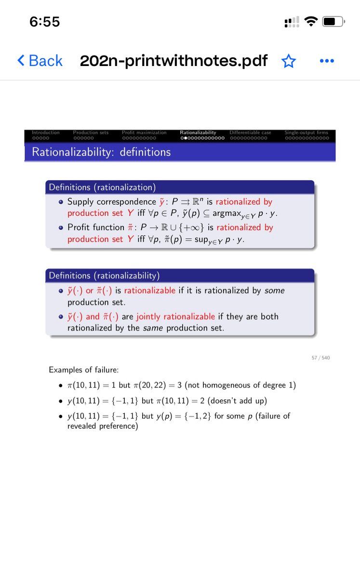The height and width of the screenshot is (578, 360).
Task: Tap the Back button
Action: coord(40,61)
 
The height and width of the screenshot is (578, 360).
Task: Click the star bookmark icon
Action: coord(289,61)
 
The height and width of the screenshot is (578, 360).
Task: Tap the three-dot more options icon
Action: coord(327,61)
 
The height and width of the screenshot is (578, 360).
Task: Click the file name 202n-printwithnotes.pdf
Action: coord(173,61)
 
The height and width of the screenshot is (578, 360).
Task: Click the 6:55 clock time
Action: coord(44,22)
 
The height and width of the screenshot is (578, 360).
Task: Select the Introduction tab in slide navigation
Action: coord(45,132)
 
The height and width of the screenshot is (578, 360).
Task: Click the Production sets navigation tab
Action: coord(91,132)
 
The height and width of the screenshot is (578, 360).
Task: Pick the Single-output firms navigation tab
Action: coord(306,132)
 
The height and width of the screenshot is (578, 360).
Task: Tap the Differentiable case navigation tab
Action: coord(250,132)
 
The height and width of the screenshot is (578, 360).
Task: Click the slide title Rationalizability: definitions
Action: coord(101,152)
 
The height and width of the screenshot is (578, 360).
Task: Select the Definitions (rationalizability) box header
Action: coord(104,276)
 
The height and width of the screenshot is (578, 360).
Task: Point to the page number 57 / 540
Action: coord(320,358)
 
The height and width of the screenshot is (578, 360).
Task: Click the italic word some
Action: coord(275,291)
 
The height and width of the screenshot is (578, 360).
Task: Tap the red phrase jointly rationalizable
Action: coord(175,317)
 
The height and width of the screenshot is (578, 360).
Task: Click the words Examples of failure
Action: coord(83,370)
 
